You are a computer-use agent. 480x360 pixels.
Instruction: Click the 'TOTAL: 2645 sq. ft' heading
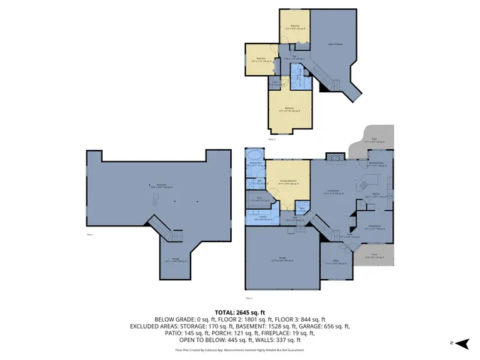point(240,312)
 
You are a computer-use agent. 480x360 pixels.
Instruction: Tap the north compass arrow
point(466,343)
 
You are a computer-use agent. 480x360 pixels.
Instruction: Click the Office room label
point(337,262)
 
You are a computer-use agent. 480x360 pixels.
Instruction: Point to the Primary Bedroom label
point(283,181)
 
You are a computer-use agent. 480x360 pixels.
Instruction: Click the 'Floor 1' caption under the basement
point(91,235)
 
